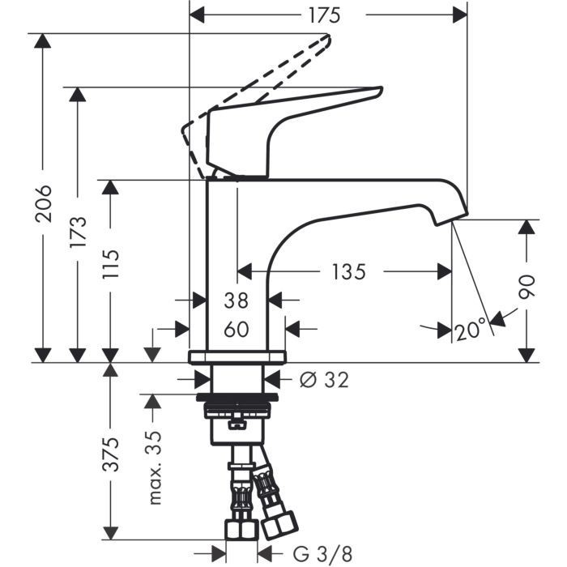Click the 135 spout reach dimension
pyautogui.click(x=348, y=271)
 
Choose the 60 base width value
pyautogui.click(x=237, y=329)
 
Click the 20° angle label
pyautogui.click(x=471, y=330)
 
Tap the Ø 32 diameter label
pyautogui.click(x=324, y=379)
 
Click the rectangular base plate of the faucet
pyautogui.click(x=237, y=356)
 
